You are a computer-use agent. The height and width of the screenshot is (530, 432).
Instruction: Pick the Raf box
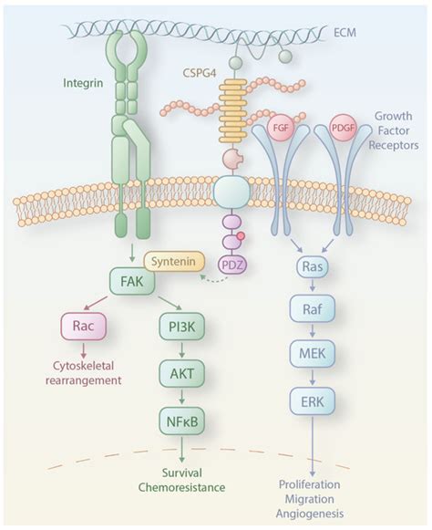click(x=312, y=312)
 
